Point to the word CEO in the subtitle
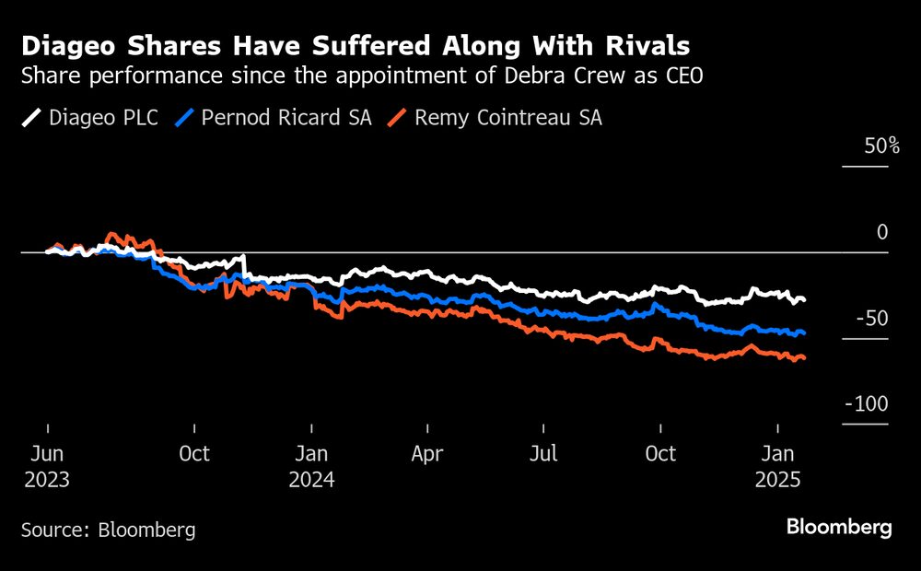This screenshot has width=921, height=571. (x=682, y=76)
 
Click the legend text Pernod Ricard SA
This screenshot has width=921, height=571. (x=286, y=118)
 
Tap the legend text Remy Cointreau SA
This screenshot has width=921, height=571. (x=507, y=118)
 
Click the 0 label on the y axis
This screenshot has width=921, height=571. (x=882, y=232)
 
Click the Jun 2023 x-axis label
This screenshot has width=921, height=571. (x=46, y=466)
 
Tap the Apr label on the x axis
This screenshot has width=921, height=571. (x=427, y=453)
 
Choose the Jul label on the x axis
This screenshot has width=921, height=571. (x=544, y=453)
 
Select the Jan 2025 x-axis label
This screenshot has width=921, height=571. (x=778, y=466)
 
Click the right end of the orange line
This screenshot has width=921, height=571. (x=805, y=357)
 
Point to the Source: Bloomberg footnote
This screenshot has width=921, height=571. (x=109, y=530)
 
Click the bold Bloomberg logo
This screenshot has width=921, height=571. (x=839, y=528)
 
